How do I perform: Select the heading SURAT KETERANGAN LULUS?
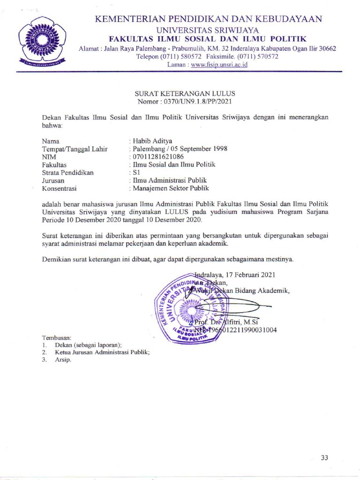tap(185, 94)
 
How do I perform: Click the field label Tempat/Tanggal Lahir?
tap(75, 149)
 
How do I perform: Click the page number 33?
tap(324, 457)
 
